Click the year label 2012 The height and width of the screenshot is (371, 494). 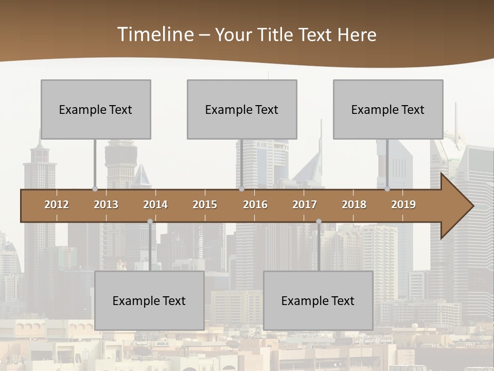pos(57,205)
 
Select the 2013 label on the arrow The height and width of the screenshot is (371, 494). pos(106,205)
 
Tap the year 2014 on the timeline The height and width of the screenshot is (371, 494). pos(155,205)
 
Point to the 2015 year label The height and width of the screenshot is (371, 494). pos(205,205)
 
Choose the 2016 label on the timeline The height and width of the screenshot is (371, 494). pos(255,205)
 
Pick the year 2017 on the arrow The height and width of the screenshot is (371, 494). pos(305,205)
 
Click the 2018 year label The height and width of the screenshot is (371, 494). pos(354,205)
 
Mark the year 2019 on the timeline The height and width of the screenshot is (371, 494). pos(403,205)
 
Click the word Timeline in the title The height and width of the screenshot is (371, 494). pos(155,35)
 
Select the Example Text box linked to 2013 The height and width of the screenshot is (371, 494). pos(96,109)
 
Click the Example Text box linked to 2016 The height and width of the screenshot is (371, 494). pos(242,109)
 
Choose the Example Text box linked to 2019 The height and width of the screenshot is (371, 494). pos(388,109)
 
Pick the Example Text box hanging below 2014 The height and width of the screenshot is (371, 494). pos(149,300)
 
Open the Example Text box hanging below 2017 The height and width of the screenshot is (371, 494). pos(318,300)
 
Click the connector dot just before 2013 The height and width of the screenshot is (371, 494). pos(95,189)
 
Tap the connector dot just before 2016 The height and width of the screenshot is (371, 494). pos(241,189)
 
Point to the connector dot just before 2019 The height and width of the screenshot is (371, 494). pos(387,189)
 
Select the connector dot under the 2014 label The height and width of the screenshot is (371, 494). pos(150,221)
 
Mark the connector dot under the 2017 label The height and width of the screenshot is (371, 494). pos(319,221)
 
